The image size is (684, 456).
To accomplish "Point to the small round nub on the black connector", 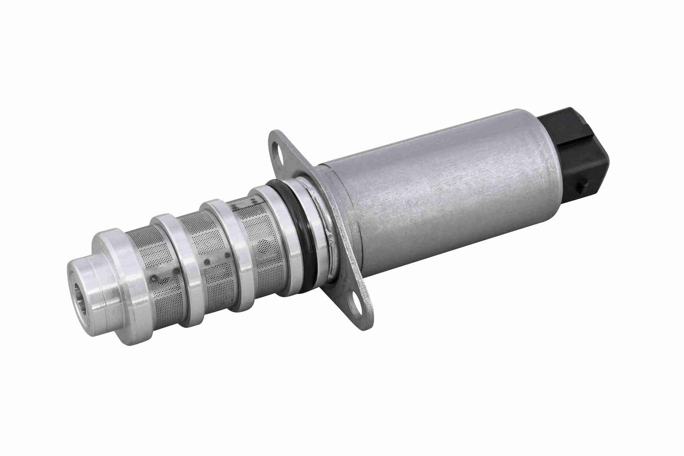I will (584, 184).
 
